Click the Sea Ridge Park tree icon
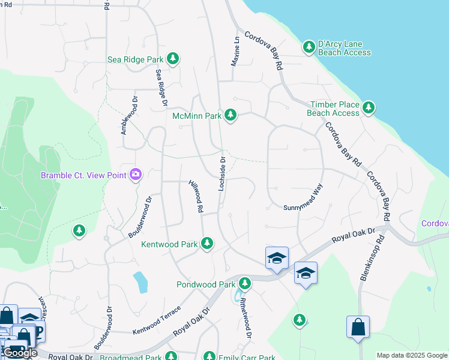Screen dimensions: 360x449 click(x=173, y=59)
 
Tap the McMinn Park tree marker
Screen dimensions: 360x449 click(x=230, y=115)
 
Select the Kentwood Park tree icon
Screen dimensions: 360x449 click(x=207, y=244)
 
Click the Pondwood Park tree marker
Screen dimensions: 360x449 click(x=244, y=283)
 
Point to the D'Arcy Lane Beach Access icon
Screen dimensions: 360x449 click(x=309, y=47)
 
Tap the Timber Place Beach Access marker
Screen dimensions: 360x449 click(x=369, y=108)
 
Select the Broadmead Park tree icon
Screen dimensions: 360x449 click(x=171, y=357)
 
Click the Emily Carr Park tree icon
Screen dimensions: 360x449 click(x=209, y=357)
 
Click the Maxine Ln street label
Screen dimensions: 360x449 click(x=235, y=51)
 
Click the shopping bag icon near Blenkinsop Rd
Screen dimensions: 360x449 click(x=358, y=328)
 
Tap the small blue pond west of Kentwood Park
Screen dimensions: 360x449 click(x=140, y=282)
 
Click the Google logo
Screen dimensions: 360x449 click(x=20, y=353)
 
